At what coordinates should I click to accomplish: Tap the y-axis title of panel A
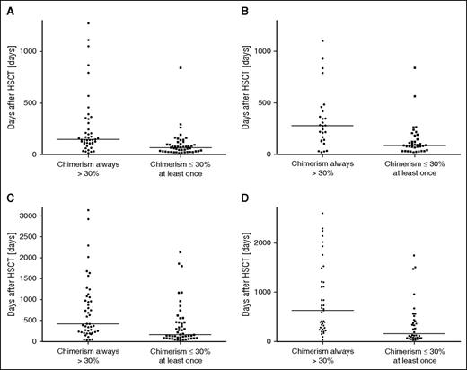(12, 90)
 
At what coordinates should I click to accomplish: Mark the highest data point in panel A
(88, 23)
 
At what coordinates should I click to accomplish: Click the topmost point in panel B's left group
(322, 40)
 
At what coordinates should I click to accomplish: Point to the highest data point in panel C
(88, 210)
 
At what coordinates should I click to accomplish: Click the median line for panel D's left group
(322, 310)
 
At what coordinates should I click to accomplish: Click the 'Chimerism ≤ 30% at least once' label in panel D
(412, 357)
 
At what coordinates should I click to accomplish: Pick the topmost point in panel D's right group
(413, 255)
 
